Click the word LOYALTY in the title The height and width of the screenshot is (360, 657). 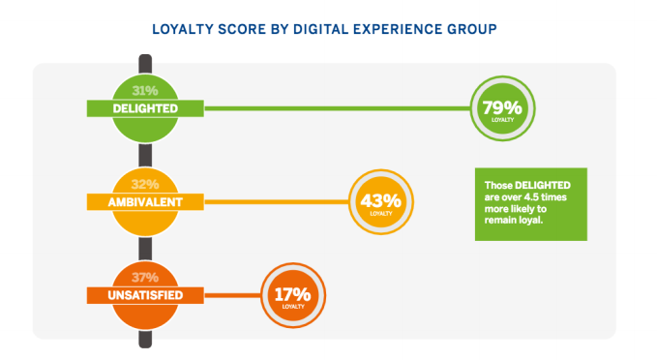tap(183, 30)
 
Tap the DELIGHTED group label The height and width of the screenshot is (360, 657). tap(144, 108)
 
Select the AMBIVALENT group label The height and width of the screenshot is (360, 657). tap(144, 201)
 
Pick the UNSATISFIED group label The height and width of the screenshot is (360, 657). tap(144, 294)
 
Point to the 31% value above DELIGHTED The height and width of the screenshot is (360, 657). tap(145, 91)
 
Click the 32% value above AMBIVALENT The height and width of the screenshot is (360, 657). tap(145, 184)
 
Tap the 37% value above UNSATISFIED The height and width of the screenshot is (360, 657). tap(145, 277)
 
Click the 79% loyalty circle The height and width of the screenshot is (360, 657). tap(501, 108)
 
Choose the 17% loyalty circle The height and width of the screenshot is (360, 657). tap(292, 294)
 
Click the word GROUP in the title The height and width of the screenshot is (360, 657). tap(471, 30)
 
